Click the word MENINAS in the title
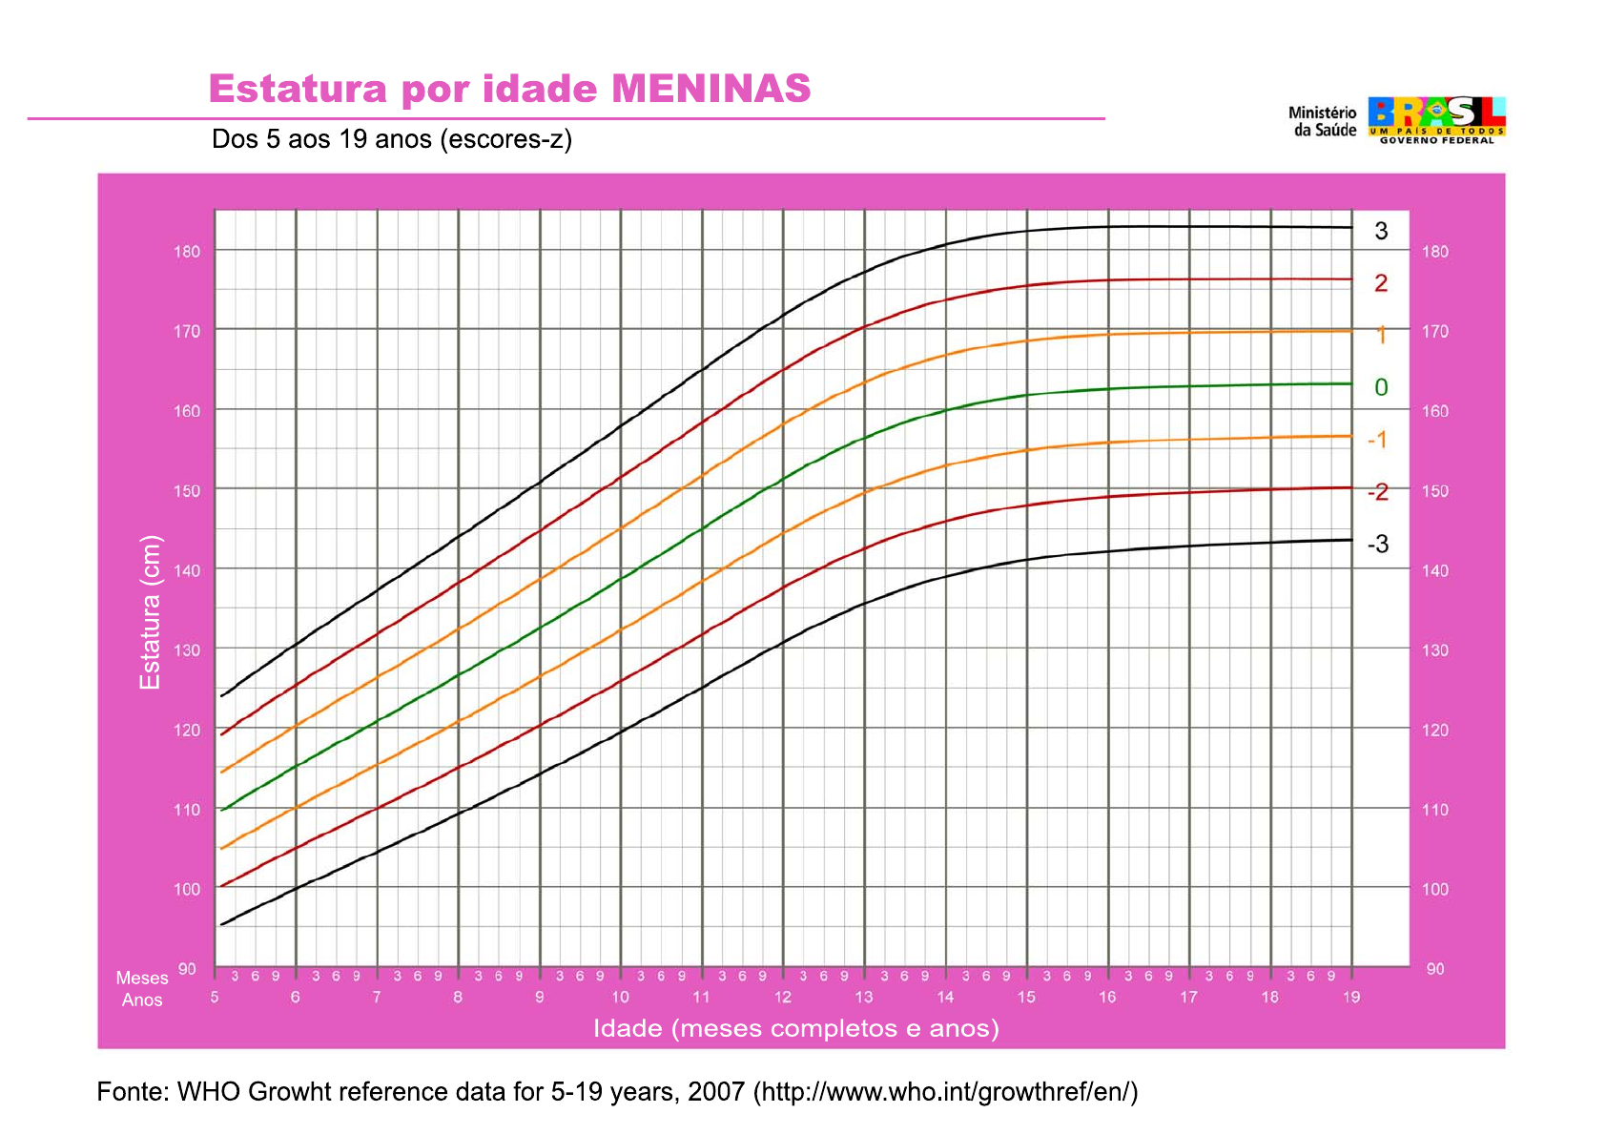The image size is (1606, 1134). coord(710,89)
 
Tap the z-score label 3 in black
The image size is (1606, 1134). coord(1381,231)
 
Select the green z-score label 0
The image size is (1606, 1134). coord(1381,387)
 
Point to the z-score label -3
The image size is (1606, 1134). coord(1378,545)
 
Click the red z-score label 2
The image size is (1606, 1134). coord(1381,283)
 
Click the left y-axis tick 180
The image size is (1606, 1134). coord(187,252)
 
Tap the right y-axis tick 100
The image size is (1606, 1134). coord(1434,889)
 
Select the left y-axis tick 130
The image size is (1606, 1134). coord(187,650)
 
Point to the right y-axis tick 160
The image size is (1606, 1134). coord(1434,411)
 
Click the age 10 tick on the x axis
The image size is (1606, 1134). coord(620,998)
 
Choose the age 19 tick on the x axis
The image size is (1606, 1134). coord(1351,998)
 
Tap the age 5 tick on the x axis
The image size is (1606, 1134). coord(215,998)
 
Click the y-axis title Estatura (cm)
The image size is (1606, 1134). coord(151,612)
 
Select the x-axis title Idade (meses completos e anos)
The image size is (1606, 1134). coord(796,1028)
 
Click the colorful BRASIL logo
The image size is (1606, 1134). coord(1436,118)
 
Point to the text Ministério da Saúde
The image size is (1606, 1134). coord(1323,121)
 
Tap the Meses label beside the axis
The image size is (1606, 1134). coord(142,978)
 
